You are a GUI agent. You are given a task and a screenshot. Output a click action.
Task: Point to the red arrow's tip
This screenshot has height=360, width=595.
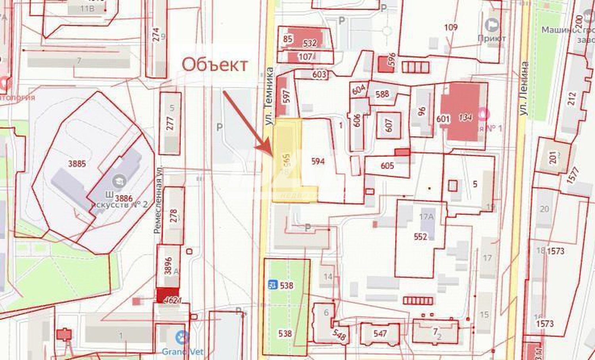tap(272, 154)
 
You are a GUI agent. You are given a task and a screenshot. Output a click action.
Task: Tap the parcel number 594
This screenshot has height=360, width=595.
tap(318, 161)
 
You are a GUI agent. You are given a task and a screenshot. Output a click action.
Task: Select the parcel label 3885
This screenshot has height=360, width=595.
tap(77, 164)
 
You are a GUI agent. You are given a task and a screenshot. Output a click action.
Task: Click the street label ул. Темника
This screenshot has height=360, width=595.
tap(269, 96)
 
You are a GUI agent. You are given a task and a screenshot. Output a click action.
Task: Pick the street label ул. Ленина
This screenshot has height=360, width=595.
tap(524, 89)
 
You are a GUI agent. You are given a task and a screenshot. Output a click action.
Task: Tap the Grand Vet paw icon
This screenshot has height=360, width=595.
tap(182, 338)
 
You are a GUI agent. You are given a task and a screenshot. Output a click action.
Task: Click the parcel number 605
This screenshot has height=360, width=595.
tap(387, 166)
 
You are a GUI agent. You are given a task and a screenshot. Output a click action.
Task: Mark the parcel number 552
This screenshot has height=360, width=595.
tap(420, 237)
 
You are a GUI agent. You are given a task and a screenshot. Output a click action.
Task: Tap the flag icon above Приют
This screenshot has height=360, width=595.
tap(492, 25)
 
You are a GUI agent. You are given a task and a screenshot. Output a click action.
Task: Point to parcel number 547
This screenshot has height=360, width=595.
tap(380, 333)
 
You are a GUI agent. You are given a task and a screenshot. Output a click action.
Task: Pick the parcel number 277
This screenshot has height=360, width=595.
tap(170, 123)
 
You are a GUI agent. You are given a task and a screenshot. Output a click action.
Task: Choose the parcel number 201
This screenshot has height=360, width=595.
tap(553, 157)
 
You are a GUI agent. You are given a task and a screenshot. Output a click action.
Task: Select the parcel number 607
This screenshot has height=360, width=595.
tap(389, 125)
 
